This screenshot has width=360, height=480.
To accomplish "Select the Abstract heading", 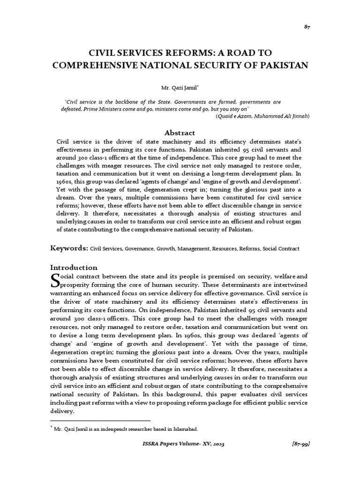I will point(180,133).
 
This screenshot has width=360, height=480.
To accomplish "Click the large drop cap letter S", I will point(55,280).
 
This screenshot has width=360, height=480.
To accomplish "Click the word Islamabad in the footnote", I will point(184,429).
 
